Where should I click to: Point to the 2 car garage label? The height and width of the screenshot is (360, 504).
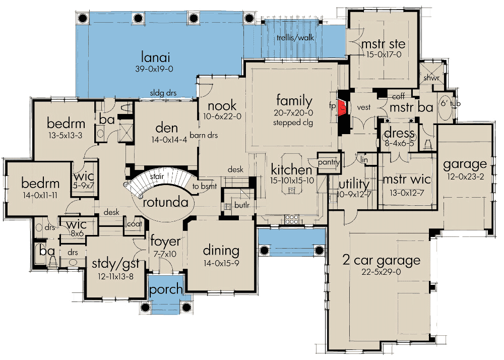pyautogui.click(x=380, y=261)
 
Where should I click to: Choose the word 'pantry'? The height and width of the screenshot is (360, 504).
pyautogui.click(x=329, y=162)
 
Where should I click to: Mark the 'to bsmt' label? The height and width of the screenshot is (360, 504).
pyautogui.click(x=205, y=186)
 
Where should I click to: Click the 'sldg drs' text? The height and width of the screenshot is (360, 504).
pyautogui.click(x=163, y=93)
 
